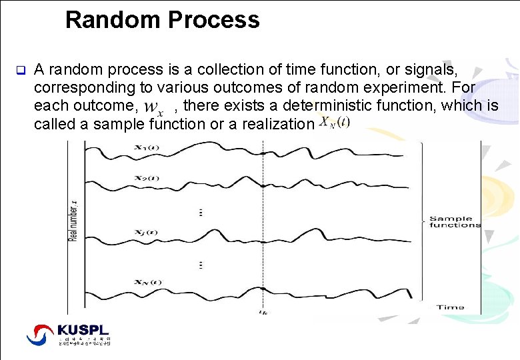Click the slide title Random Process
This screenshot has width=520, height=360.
point(162,19)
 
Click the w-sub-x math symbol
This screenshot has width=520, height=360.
point(154,107)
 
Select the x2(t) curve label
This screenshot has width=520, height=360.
point(146,178)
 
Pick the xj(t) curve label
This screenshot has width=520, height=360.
point(145,232)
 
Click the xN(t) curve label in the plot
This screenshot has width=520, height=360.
point(147,282)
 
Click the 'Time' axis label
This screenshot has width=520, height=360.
point(450,307)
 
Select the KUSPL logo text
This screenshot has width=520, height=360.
point(83,330)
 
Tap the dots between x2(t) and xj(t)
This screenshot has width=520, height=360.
point(201,212)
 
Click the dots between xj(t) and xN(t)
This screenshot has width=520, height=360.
point(201,265)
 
